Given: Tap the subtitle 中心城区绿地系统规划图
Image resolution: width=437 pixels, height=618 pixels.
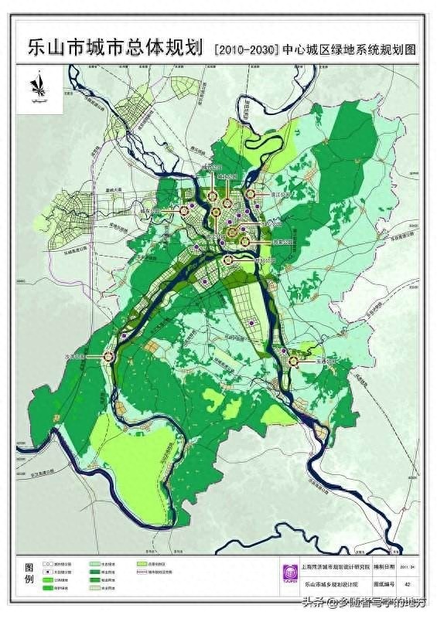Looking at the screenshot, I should tap(350, 49).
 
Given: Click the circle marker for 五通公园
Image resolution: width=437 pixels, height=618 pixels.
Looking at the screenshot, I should tap(295, 359).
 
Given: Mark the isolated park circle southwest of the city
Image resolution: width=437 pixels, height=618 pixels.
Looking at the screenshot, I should tap(109, 357).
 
